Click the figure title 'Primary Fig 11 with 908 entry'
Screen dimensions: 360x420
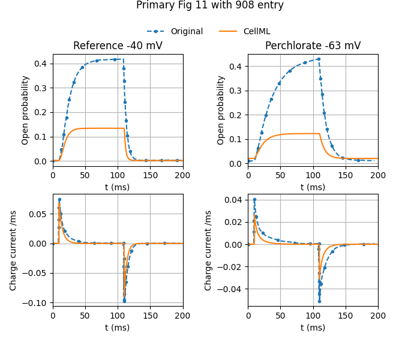210,5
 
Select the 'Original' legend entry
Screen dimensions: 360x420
186,31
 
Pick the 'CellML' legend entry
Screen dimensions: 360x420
256,31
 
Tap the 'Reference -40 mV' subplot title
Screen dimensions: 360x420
118,46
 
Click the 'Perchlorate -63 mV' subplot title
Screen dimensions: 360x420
313,46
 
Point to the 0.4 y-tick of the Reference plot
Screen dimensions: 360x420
42,64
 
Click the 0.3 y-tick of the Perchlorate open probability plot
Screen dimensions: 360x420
238,90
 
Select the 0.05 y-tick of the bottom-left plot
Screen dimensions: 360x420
40,214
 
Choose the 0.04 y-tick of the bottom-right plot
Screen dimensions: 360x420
235,200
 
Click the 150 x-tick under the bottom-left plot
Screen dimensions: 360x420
150,316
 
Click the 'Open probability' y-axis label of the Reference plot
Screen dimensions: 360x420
26,110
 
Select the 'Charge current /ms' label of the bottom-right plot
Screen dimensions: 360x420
209,250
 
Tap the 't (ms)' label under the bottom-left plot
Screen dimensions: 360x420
118,328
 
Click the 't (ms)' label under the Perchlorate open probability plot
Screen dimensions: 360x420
313,187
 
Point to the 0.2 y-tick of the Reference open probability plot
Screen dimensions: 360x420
42,112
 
